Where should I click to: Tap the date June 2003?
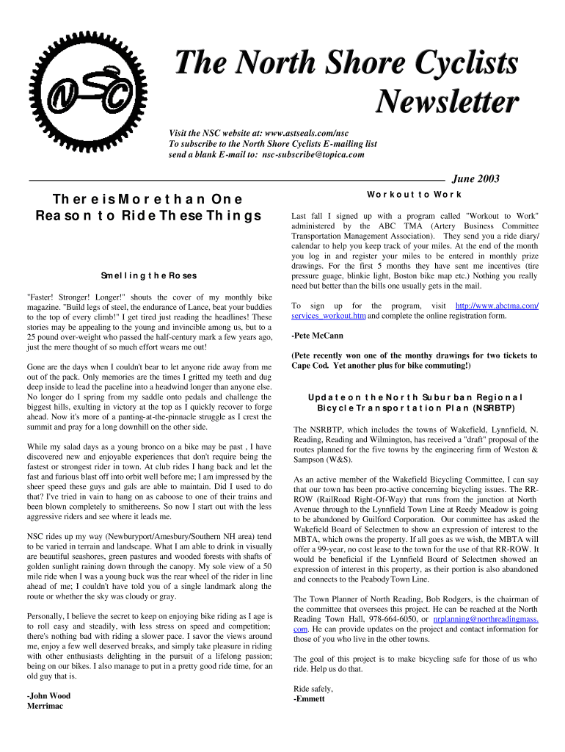476,178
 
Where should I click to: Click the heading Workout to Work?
415,194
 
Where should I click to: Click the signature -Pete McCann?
317,336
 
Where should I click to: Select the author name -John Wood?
48,695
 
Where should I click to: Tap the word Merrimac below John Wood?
45,706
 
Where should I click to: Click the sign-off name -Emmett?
309,698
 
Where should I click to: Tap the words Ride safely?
313,689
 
